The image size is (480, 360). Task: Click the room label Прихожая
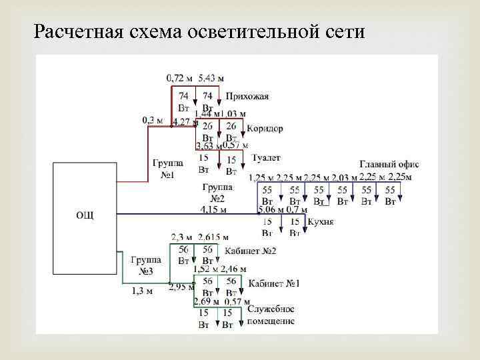[x=247, y=96]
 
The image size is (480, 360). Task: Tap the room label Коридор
[x=265, y=128]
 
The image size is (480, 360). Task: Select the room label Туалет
[x=267, y=158]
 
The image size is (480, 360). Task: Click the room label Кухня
[x=321, y=222]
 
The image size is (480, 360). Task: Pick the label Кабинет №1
[x=274, y=283]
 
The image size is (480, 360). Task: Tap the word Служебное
[x=271, y=310]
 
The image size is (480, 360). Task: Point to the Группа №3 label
[x=145, y=265]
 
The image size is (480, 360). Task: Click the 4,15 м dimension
[x=213, y=209]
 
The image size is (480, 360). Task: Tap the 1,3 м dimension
[x=142, y=290]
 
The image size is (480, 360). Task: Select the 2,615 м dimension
[x=213, y=237]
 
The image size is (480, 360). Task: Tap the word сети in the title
[x=346, y=31]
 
